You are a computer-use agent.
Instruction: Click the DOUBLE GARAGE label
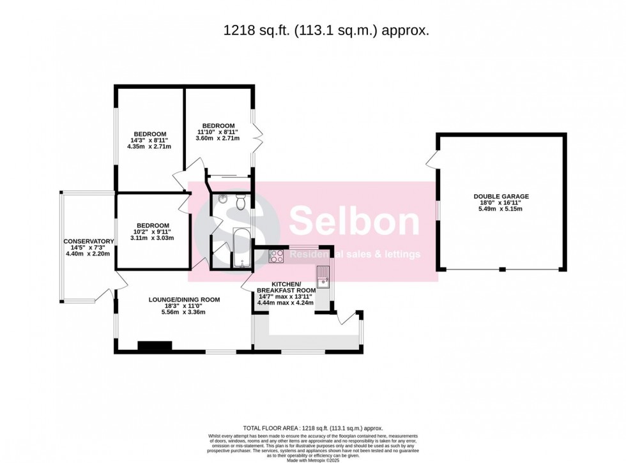(x=501, y=197)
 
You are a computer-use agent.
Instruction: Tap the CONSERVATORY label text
(x=89, y=241)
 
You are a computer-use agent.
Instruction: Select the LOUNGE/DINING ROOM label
(x=184, y=300)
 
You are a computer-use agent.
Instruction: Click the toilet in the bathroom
(x=240, y=202)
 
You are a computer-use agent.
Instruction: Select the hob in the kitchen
(x=277, y=256)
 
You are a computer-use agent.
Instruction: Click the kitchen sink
(x=323, y=277)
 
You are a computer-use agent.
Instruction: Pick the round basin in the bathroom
(x=222, y=199)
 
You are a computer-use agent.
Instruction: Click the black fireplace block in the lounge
(x=155, y=346)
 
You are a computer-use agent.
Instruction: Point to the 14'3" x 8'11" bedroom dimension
(x=149, y=140)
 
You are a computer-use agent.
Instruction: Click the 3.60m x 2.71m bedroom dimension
(x=218, y=139)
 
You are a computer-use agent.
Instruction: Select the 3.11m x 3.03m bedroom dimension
(x=152, y=238)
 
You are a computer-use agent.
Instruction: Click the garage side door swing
(x=432, y=160)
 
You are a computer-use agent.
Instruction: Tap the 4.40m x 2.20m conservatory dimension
(x=89, y=254)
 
